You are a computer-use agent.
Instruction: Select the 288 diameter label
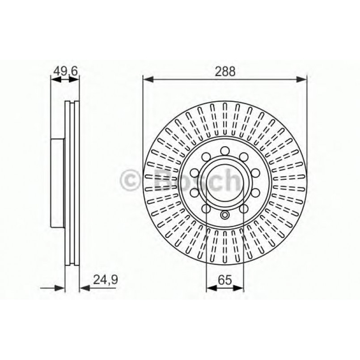225,71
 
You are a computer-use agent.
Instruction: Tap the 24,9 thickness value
106,280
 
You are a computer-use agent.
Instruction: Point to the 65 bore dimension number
225,280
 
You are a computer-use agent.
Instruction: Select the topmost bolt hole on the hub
225,151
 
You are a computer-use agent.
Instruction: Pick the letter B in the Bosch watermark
165,180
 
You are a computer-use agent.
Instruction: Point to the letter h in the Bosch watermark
233,180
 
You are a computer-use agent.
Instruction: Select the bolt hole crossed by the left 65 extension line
206,209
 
